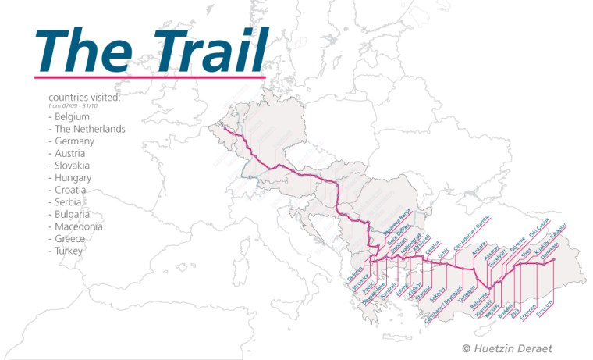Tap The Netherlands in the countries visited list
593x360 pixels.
(x=87, y=129)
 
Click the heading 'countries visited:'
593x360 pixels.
(x=84, y=98)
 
